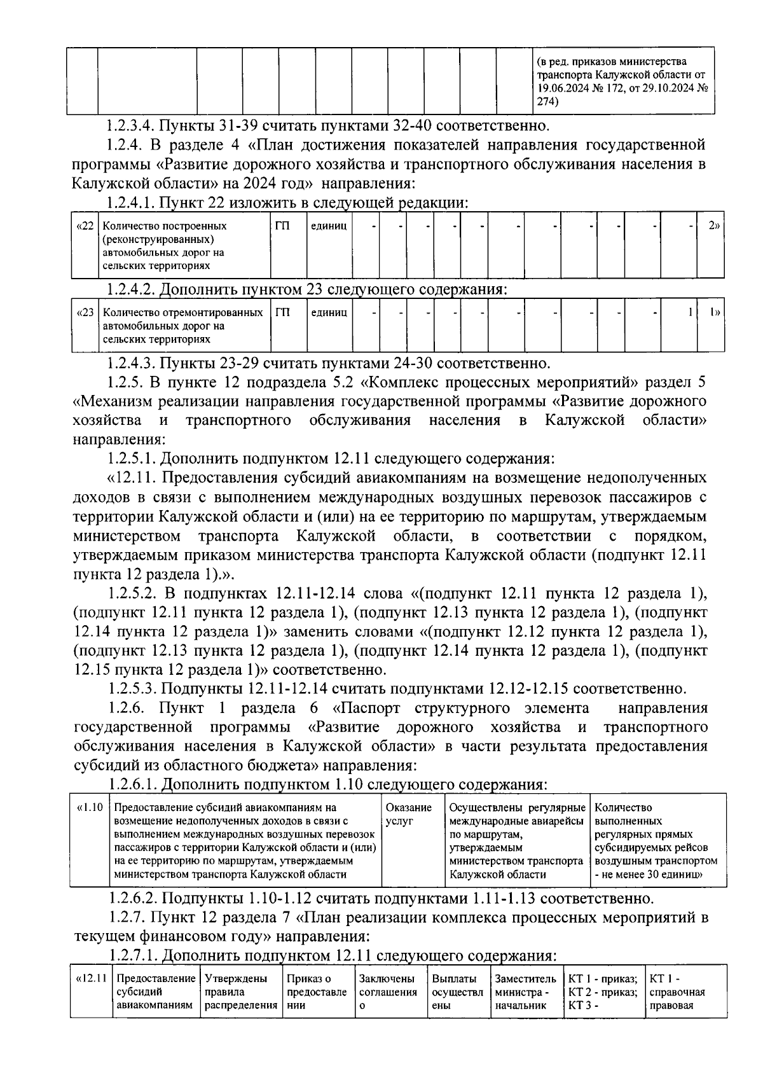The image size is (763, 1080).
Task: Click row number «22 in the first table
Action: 84,226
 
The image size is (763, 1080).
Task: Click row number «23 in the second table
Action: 84,313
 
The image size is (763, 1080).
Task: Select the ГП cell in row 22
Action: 282,226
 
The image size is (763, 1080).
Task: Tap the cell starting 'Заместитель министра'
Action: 525,992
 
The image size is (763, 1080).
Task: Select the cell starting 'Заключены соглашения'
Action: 387,992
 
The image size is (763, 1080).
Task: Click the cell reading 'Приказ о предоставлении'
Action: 317,992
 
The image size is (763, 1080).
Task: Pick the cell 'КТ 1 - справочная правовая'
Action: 677,992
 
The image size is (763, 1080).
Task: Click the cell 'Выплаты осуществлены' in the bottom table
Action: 455,992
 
